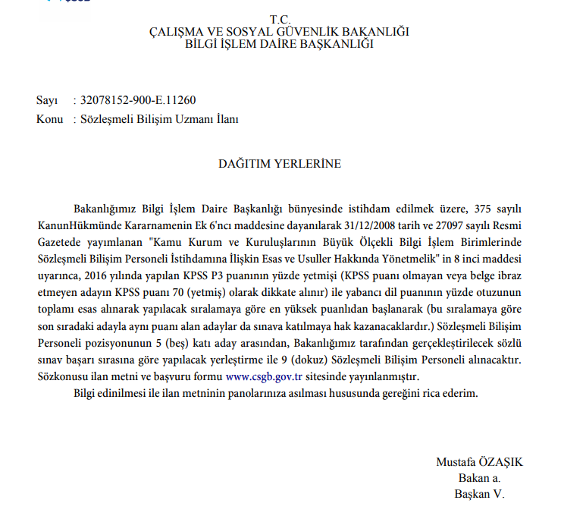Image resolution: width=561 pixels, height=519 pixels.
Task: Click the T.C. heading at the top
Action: tap(280, 18)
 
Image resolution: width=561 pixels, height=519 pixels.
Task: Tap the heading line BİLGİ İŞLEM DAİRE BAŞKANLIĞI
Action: tap(280, 44)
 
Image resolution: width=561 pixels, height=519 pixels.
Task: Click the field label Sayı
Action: tap(46, 101)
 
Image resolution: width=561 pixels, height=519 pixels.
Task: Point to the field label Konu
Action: tap(49, 119)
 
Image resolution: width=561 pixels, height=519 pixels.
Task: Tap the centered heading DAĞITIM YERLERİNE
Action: tap(280, 163)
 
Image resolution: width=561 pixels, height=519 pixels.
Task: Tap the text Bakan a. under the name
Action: tap(479, 478)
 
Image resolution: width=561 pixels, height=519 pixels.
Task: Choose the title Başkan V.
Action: tap(479, 494)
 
